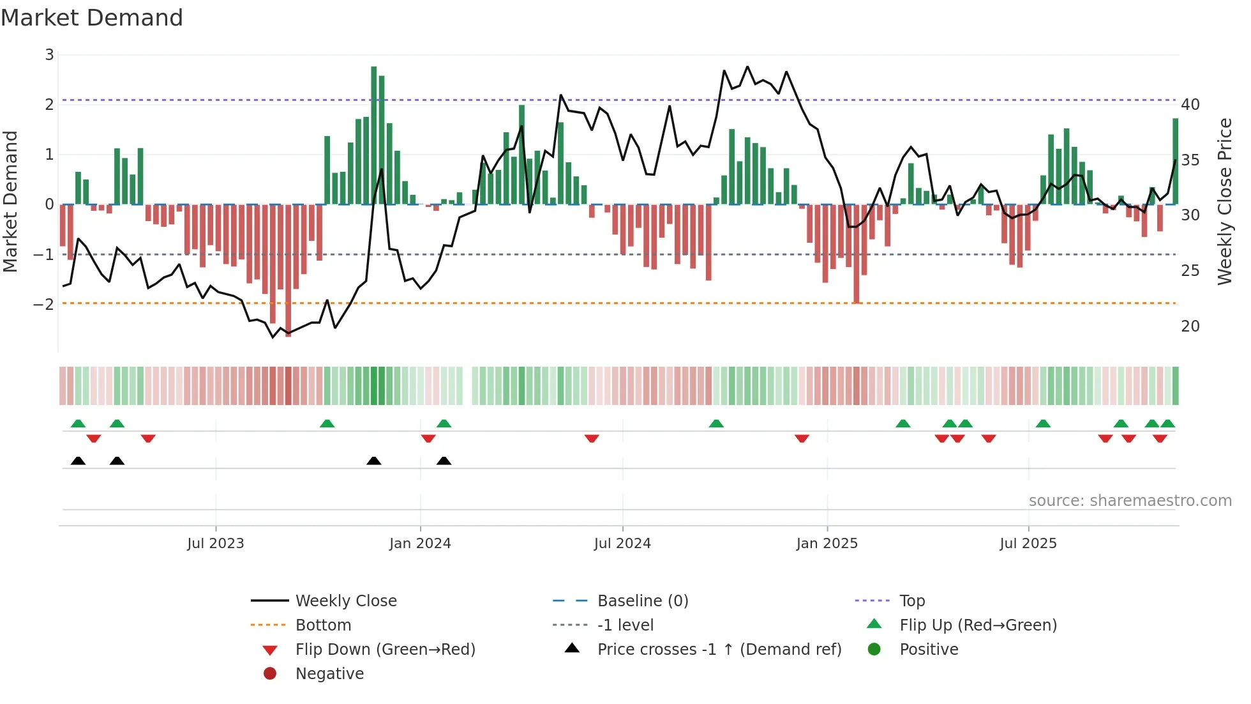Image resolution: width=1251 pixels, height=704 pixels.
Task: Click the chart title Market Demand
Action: [92, 18]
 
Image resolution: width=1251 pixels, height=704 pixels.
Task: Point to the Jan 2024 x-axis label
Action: [420, 544]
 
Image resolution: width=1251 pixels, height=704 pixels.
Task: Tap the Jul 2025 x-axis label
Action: [1028, 544]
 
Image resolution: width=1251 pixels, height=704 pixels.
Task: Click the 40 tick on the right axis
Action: [1190, 104]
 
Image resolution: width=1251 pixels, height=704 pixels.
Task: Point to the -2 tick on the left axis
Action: [43, 304]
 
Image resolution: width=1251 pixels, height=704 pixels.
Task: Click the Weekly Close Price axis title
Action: [1225, 201]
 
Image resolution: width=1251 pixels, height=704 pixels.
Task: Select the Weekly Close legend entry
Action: [345, 601]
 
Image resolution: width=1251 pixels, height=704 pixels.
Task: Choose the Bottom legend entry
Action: [323, 625]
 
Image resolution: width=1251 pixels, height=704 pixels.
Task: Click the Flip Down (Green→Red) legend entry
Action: [385, 650]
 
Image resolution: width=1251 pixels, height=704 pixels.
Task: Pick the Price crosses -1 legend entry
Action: [719, 650]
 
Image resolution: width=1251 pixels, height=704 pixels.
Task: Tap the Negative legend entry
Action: [329, 674]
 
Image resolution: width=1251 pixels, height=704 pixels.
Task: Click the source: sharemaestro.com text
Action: [1130, 501]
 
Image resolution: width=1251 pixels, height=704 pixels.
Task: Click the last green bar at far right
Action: [1175, 161]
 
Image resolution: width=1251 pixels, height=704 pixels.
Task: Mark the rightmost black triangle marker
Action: [444, 461]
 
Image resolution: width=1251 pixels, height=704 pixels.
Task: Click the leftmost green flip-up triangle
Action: [78, 424]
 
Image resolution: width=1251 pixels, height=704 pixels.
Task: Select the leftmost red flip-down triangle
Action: [94, 438]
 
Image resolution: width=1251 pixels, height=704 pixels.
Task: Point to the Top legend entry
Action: [912, 601]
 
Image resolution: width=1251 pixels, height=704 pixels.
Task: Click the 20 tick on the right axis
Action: [1190, 326]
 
